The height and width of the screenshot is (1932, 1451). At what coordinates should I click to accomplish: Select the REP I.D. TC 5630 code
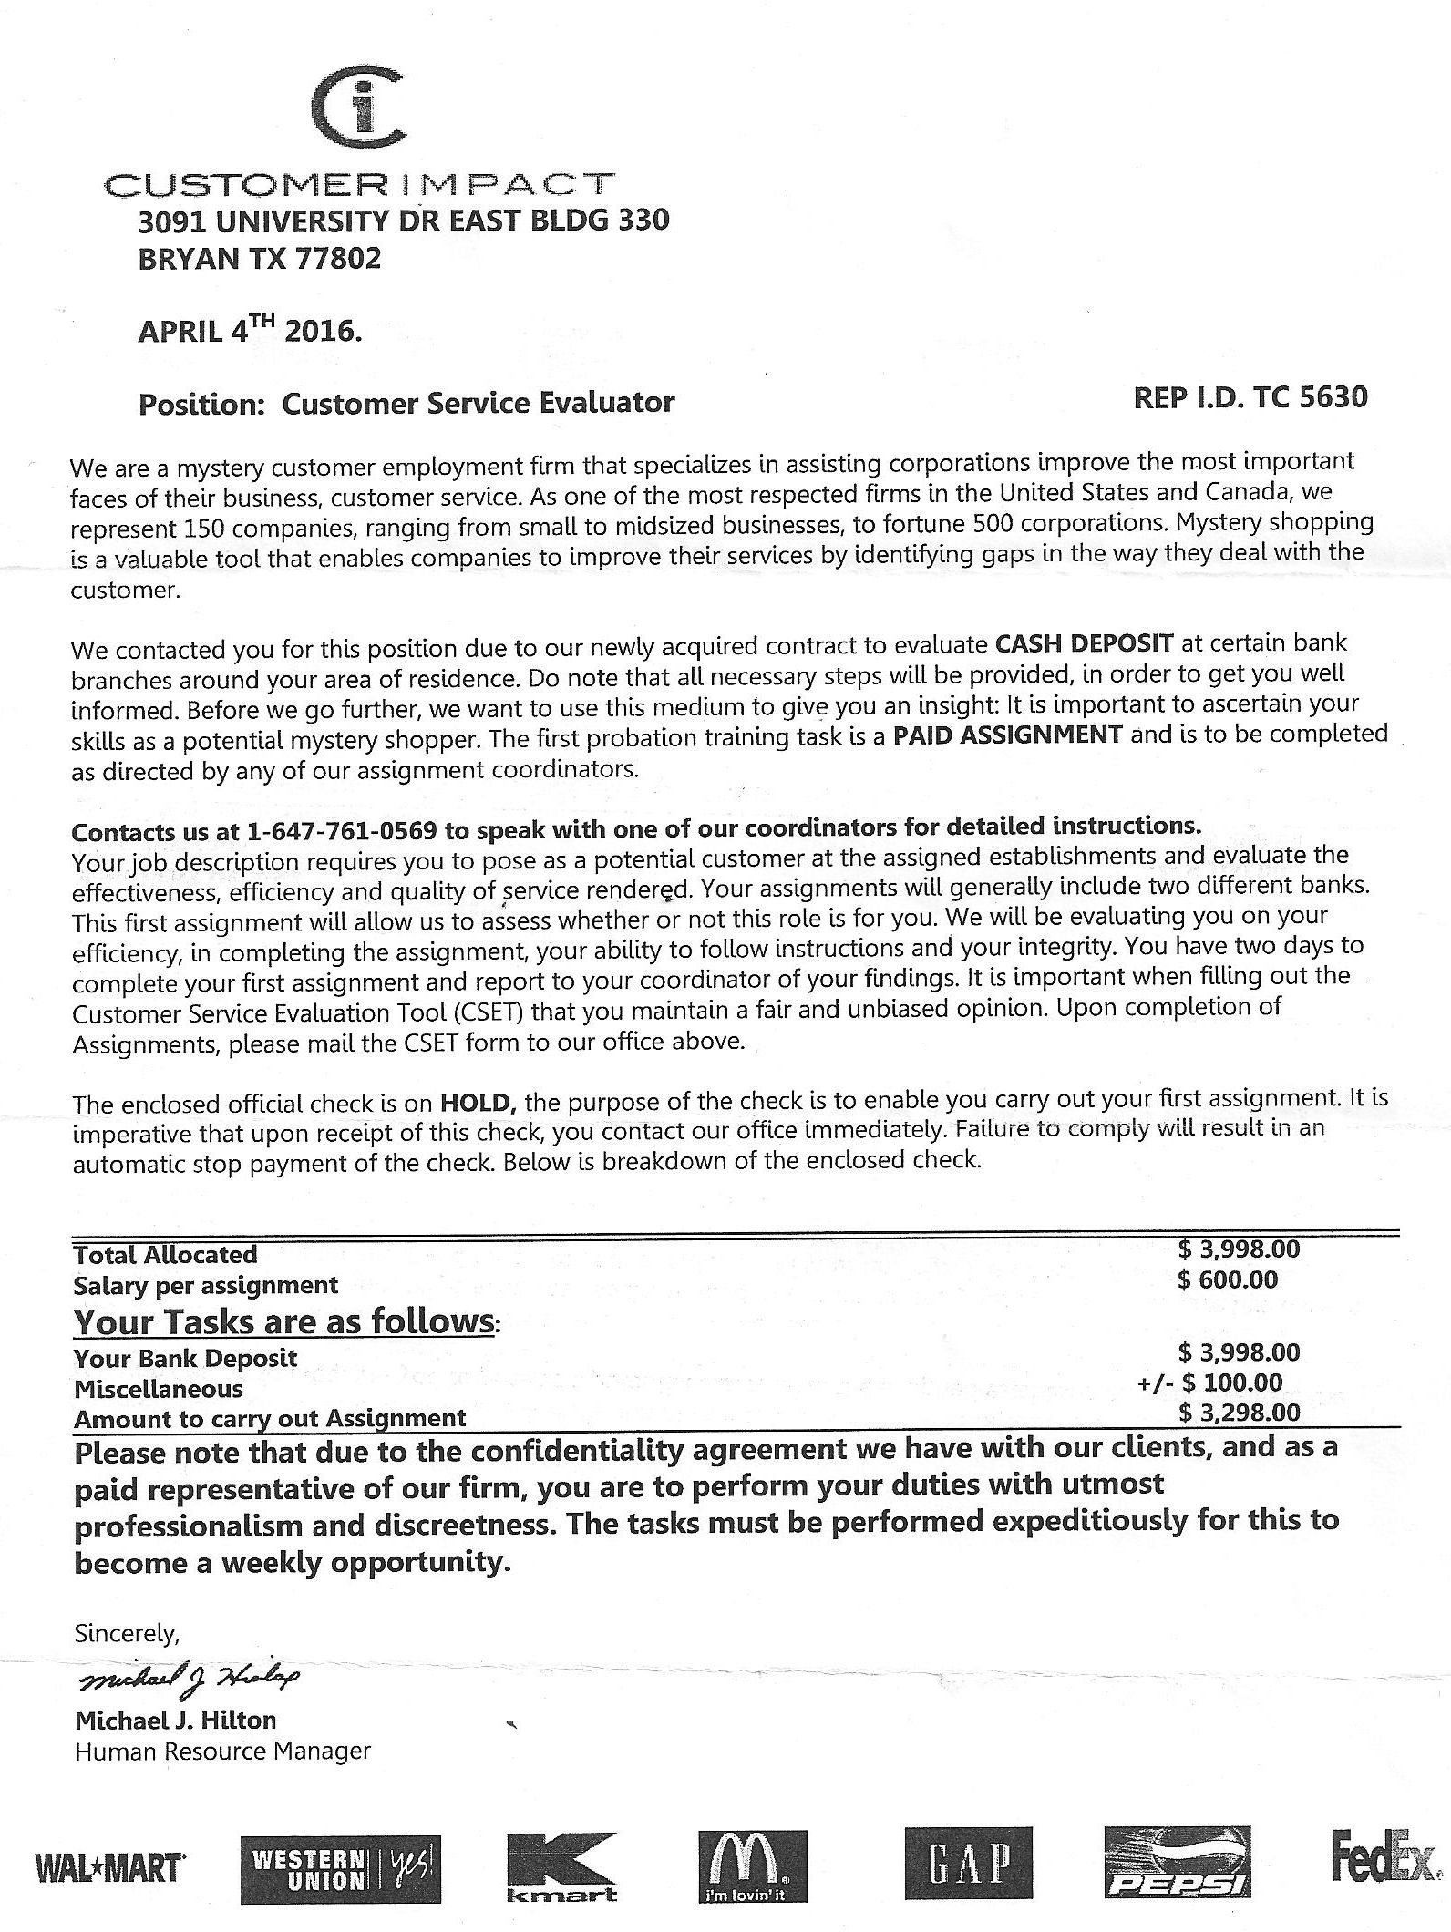click(x=1250, y=397)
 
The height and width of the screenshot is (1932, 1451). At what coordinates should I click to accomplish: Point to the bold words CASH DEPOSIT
click(x=1084, y=643)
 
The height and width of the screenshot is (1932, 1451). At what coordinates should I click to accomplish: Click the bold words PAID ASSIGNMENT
click(x=1007, y=735)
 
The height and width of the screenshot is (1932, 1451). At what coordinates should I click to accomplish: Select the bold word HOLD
click(x=479, y=1104)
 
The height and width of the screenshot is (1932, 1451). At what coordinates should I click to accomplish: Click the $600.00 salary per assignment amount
click(x=1227, y=1279)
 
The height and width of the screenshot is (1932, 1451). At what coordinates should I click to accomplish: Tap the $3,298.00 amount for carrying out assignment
click(x=1239, y=1413)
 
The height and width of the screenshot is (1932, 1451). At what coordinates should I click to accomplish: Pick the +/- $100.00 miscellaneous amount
click(x=1209, y=1382)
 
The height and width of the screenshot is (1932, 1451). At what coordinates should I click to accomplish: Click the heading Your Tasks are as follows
click(x=285, y=1321)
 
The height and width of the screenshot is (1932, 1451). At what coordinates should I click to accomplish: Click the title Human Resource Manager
click(x=222, y=1752)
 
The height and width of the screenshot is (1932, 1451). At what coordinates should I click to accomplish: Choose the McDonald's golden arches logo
click(x=752, y=1866)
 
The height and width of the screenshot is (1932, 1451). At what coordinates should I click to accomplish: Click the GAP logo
click(x=969, y=1865)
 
